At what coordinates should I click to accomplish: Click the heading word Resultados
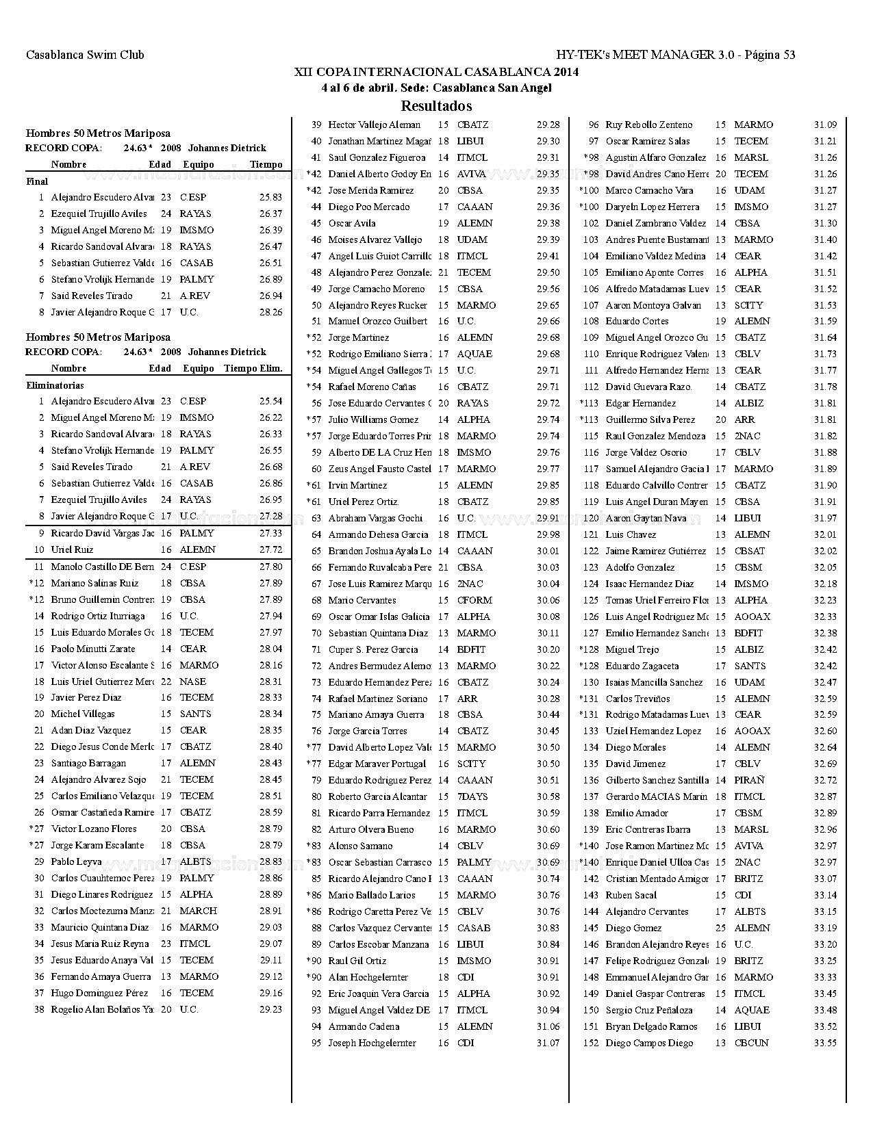(x=436, y=105)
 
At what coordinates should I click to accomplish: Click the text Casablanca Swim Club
(x=85, y=55)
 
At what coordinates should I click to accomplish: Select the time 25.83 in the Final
(x=270, y=197)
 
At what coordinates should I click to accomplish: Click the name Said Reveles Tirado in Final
(x=92, y=296)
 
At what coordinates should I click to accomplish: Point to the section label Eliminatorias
(x=55, y=385)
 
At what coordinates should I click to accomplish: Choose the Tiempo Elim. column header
(x=253, y=368)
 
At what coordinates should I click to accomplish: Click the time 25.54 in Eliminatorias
(x=270, y=401)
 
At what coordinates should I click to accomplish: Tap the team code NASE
(x=192, y=682)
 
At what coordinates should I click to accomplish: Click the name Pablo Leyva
(x=76, y=861)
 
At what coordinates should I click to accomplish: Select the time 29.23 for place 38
(x=270, y=1009)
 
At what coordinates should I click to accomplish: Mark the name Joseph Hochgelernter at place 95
(x=372, y=1043)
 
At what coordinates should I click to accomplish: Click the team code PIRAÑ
(x=749, y=780)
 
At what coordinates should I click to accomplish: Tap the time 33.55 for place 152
(x=825, y=1043)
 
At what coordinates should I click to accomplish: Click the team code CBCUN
(x=751, y=1043)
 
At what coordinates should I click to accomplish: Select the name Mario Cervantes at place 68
(x=362, y=600)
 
